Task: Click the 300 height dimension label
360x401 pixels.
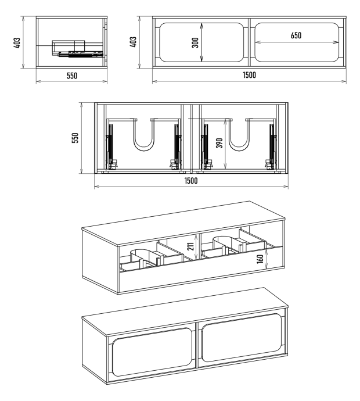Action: [195, 42]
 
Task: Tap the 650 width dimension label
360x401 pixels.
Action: [296, 35]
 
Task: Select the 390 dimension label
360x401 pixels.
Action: [219, 143]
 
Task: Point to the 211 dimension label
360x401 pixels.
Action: [191, 246]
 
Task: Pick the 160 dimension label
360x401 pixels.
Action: [260, 259]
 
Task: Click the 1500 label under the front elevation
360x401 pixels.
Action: [249, 75]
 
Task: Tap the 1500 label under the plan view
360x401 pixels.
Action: [191, 181]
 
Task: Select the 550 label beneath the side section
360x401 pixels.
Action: [72, 76]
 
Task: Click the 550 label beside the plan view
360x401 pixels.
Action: [75, 138]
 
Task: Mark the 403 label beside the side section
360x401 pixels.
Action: [17, 43]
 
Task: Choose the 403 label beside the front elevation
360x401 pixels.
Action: [133, 42]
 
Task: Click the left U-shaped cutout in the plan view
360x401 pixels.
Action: [144, 135]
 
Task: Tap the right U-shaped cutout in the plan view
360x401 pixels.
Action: [239, 135]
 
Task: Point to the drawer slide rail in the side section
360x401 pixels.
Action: [81, 54]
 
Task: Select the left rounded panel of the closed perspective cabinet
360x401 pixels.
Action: [152, 352]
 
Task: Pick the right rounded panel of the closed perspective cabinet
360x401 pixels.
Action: [242, 338]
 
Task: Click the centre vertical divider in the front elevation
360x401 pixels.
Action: [249, 42]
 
